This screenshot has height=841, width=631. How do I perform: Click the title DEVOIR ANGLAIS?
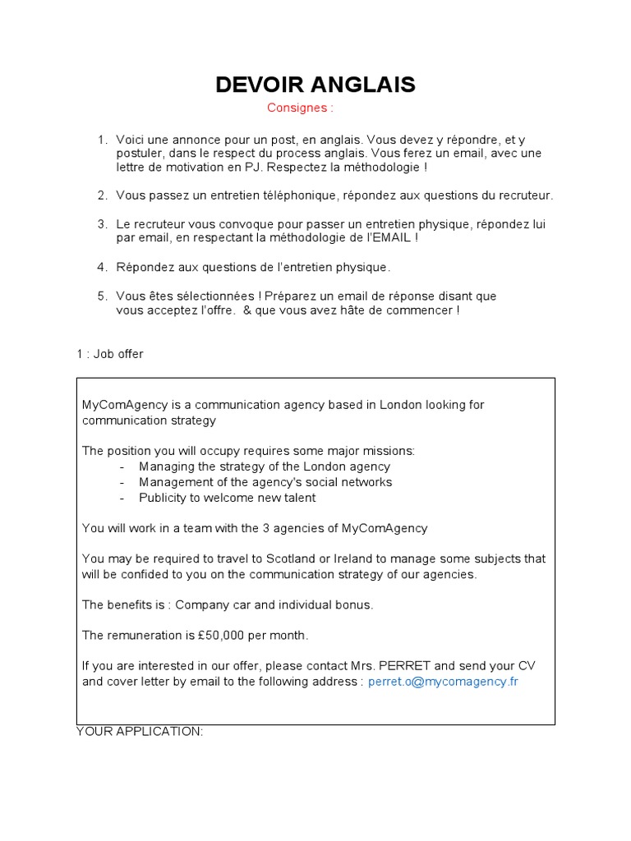315,85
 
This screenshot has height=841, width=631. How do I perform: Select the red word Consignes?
300,108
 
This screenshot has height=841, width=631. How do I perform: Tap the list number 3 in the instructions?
102,224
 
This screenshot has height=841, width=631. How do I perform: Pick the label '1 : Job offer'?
110,354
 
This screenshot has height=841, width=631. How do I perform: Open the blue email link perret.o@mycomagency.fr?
443,682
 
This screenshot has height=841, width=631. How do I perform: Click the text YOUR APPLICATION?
140,731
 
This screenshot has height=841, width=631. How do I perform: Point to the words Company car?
209,604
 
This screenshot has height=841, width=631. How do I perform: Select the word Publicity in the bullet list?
164,498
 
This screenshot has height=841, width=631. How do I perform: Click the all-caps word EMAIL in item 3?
389,238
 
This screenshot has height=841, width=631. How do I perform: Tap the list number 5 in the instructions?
102,296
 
